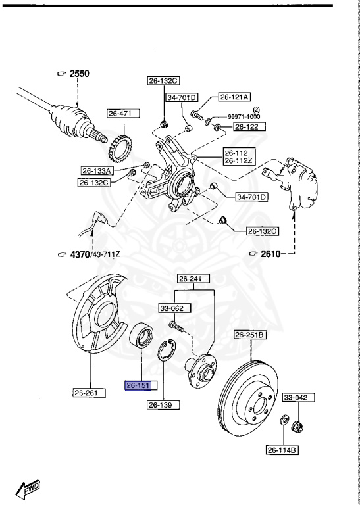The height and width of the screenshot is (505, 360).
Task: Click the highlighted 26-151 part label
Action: (x=138, y=386)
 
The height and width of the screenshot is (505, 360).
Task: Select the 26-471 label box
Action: (x=120, y=114)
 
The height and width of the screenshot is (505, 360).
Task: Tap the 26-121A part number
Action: (x=234, y=97)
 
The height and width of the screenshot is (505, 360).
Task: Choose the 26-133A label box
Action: (x=97, y=170)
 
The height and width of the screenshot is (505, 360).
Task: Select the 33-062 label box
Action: (x=170, y=307)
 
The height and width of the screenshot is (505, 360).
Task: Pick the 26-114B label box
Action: (x=283, y=450)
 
